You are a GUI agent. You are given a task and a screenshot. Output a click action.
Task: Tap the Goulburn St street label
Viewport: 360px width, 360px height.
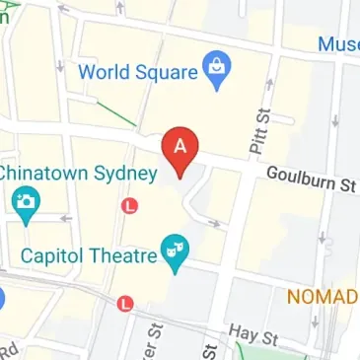point(311,180)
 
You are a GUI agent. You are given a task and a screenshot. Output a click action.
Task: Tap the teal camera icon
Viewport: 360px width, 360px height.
point(26,204)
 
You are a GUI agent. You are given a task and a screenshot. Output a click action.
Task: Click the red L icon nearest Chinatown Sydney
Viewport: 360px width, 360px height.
point(129,205)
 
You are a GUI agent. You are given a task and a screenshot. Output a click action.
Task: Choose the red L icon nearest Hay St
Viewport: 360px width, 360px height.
point(123,303)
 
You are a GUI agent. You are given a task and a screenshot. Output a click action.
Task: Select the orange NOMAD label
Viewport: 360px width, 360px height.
point(322,296)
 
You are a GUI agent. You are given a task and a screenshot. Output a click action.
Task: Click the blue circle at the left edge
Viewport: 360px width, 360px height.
point(3,298)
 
